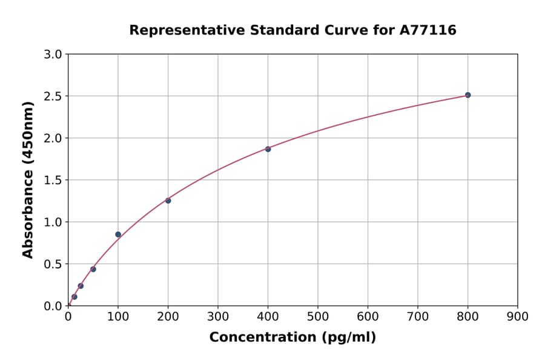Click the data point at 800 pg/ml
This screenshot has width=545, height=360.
click(x=467, y=95)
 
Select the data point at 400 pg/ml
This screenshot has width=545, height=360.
click(x=268, y=149)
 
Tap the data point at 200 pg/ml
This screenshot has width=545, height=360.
click(x=168, y=201)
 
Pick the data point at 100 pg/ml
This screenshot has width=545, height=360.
click(x=118, y=235)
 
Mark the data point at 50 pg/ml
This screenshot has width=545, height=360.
click(x=93, y=269)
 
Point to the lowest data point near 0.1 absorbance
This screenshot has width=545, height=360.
click(x=74, y=297)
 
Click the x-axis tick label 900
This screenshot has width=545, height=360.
click(x=517, y=316)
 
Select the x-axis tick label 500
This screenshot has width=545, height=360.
click(x=317, y=316)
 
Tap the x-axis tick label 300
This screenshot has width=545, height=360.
click(x=217, y=316)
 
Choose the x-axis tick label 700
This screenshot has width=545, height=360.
click(x=417, y=316)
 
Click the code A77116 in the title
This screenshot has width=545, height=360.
click(x=429, y=30)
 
